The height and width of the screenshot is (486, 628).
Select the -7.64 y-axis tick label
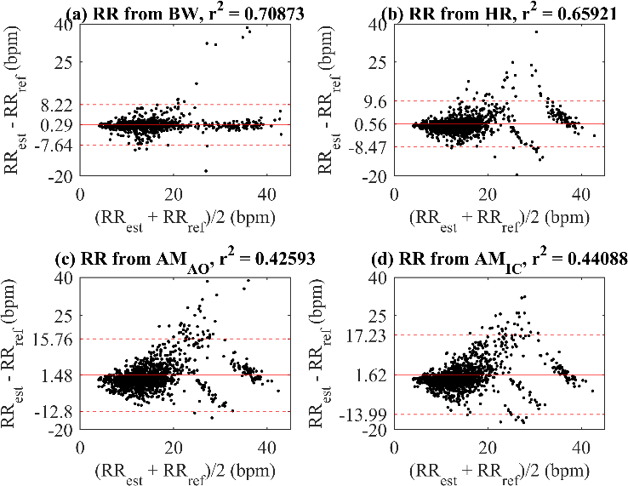pyautogui.click(x=54, y=145)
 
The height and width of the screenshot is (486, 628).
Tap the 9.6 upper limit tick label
pyautogui.click(x=377, y=101)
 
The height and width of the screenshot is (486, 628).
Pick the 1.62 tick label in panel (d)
pyautogui.click(x=372, y=375)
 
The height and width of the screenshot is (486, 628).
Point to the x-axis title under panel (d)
pyautogui.click(x=499, y=472)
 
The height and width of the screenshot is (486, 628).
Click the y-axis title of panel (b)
pyautogui.click(x=332, y=100)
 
